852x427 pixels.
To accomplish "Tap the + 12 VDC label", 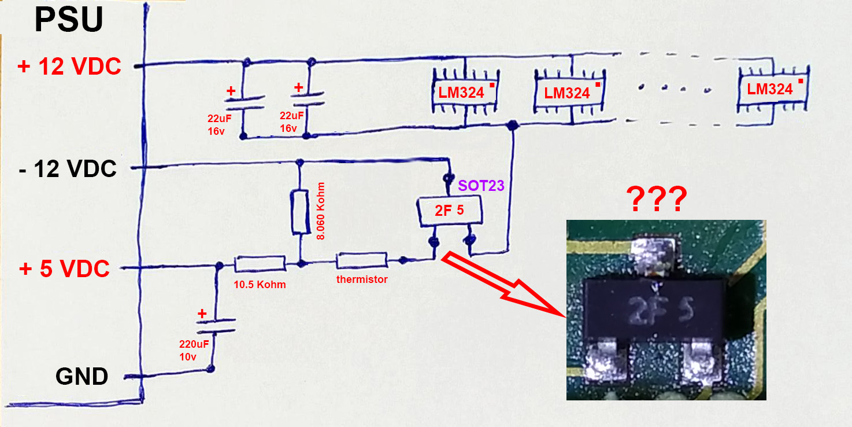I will click(69, 67).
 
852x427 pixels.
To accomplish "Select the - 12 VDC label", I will click(68, 170).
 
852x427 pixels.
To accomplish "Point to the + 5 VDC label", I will click(64, 269).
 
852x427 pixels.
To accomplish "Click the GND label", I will click(82, 377).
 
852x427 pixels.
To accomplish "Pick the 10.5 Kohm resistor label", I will click(260, 285).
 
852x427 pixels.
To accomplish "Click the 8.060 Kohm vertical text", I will click(321, 211).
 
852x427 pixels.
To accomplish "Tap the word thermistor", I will click(362, 279).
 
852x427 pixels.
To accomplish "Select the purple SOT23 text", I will click(481, 186).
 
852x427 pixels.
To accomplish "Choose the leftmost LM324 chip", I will click(465, 92).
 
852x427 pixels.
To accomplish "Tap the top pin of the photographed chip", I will click(654, 255).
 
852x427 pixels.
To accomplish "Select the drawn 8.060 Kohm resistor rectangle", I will click(300, 211).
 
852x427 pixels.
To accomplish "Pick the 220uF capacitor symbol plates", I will click(217, 326).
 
